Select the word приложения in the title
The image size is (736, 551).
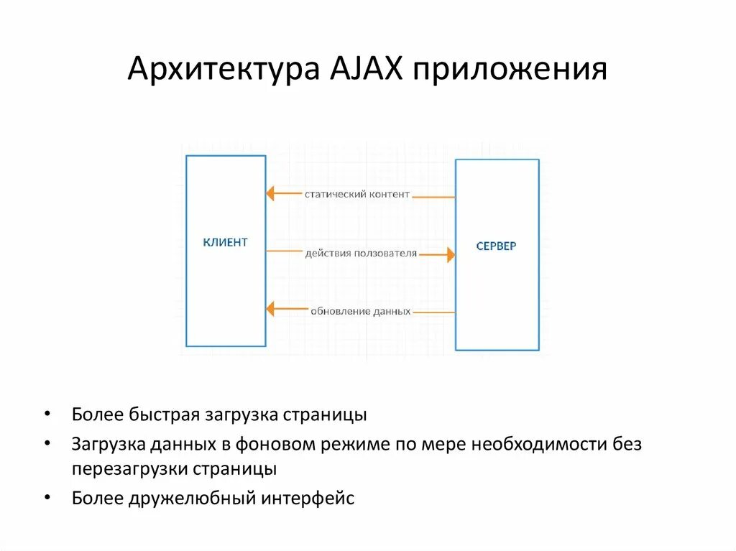pos(509,71)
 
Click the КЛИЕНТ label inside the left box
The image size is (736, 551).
pos(225,242)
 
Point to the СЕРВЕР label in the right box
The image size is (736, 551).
pos(496,246)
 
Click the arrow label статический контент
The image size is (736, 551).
pos(357,194)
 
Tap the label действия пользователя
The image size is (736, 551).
pos(361,253)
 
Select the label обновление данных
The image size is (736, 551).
pos(361,311)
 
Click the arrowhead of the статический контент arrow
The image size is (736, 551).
pos(271,193)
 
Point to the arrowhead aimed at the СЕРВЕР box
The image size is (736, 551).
pos(450,254)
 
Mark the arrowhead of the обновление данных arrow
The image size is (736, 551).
pos(271,310)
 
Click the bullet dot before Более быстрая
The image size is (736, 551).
pos(47,415)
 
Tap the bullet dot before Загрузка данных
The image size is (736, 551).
pos(47,444)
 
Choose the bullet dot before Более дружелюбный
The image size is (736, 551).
pos(47,497)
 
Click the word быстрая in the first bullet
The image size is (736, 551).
pos(165,415)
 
